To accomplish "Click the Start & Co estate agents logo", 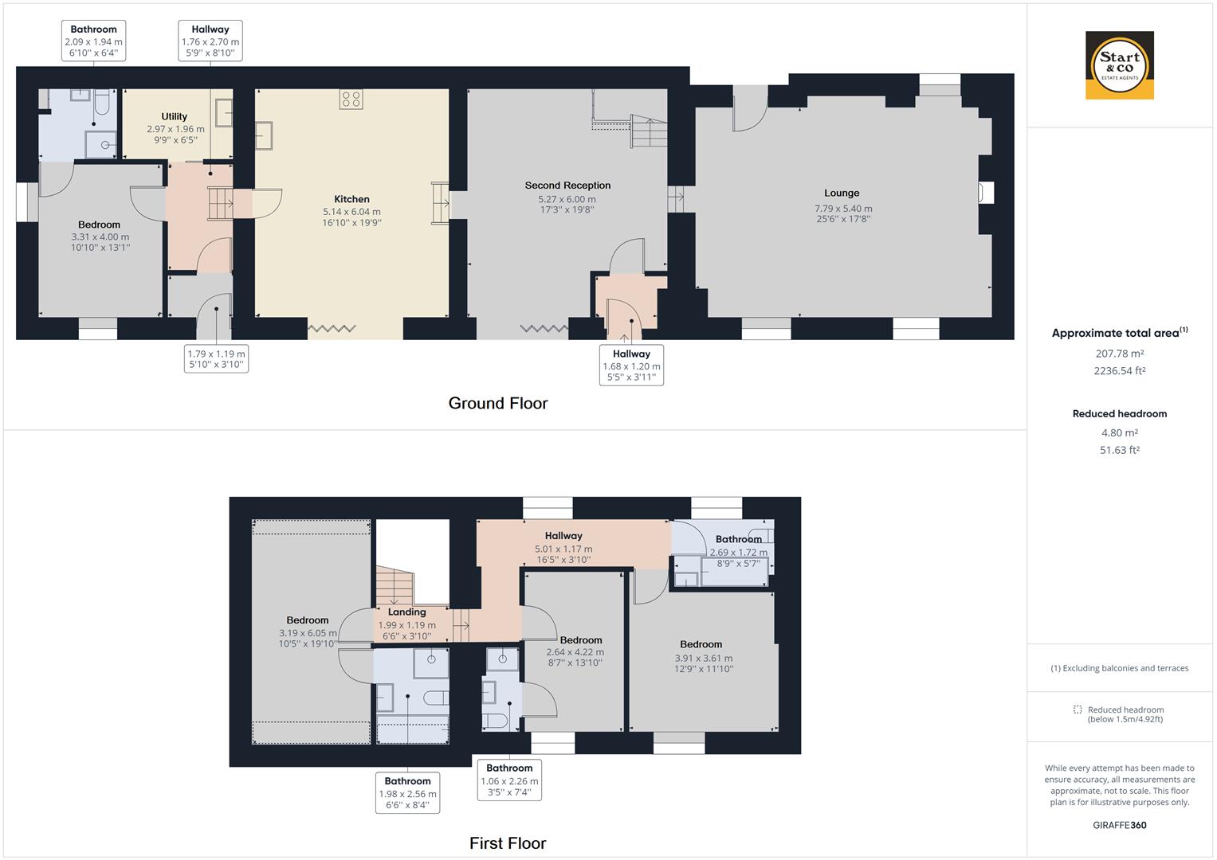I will pyautogui.click(x=1119, y=65).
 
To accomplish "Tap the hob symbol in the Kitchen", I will pyautogui.click(x=351, y=99).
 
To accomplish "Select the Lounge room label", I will pyautogui.click(x=842, y=193).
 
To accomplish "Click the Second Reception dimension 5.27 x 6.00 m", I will pyautogui.click(x=567, y=199).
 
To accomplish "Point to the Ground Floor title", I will pyautogui.click(x=498, y=403).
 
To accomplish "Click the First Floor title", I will pyautogui.click(x=508, y=843).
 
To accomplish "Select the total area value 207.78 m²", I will pyautogui.click(x=1119, y=354).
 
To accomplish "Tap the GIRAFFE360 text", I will pyautogui.click(x=1119, y=825).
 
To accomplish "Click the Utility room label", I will pyautogui.click(x=175, y=116).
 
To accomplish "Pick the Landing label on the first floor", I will pyautogui.click(x=406, y=612).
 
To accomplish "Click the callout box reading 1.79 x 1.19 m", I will pyautogui.click(x=216, y=359).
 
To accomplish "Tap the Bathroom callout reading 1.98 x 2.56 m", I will pyautogui.click(x=407, y=793).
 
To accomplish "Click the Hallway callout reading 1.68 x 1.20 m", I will pyautogui.click(x=631, y=365).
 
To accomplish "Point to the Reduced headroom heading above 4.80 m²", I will pyautogui.click(x=1119, y=414).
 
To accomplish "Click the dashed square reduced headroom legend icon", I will pyautogui.click(x=1078, y=709).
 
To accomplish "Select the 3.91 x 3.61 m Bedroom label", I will pyautogui.click(x=701, y=645).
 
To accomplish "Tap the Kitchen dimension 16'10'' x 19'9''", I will pyautogui.click(x=351, y=223).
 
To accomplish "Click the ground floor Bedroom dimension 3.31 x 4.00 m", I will pyautogui.click(x=100, y=236).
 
